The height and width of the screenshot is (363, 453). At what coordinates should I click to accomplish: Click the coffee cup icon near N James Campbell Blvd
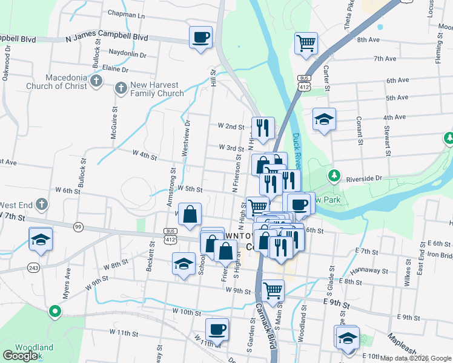(x=201, y=38)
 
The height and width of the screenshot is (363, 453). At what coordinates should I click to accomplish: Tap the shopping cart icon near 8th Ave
(x=306, y=44)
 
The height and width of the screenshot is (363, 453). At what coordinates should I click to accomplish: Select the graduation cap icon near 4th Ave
(x=324, y=119)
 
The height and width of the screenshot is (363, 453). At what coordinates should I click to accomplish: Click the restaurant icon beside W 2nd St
(x=263, y=128)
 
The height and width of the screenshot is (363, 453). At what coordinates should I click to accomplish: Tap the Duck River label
(x=297, y=151)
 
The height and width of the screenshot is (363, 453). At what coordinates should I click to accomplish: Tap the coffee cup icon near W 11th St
(x=217, y=330)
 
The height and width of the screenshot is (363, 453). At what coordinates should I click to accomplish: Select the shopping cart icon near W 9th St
(x=273, y=290)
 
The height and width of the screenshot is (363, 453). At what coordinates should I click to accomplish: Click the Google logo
(x=20, y=355)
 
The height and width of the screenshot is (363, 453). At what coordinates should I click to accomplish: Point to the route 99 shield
(x=78, y=226)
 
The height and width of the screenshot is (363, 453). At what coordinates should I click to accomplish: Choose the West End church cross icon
(x=41, y=203)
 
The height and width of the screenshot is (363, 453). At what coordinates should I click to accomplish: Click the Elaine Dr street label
(x=116, y=68)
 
